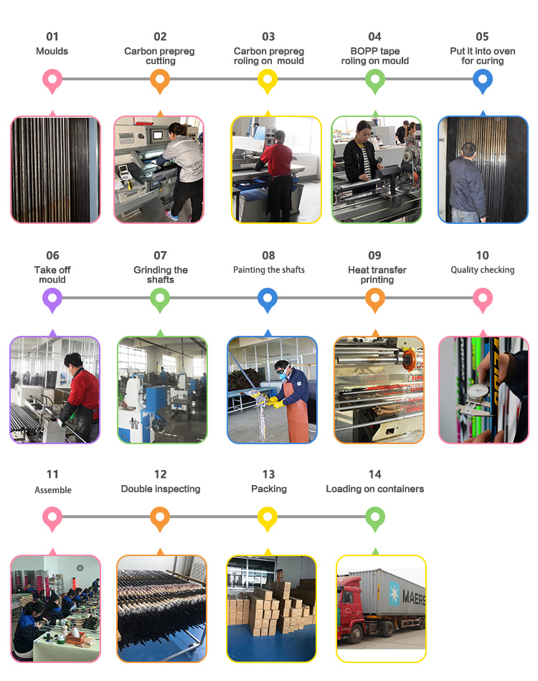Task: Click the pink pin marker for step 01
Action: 52,80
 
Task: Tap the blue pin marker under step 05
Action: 483,80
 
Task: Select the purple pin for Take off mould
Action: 52,299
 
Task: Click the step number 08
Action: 268,255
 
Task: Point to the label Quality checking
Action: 483,270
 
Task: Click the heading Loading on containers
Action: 374,489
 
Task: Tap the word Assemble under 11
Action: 53,490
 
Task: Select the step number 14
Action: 374,474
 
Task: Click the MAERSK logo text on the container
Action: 413,597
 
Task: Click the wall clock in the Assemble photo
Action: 80,568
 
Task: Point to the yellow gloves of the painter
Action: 275,402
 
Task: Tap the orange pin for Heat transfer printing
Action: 375,299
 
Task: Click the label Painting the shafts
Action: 269,270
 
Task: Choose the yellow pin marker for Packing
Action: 268,518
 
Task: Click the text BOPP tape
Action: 375,51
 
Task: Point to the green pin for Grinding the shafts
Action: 160,299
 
